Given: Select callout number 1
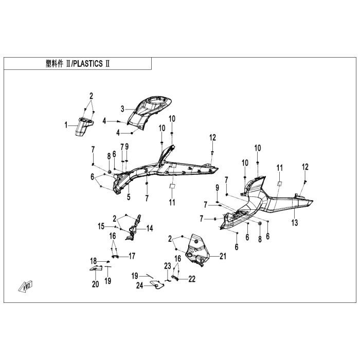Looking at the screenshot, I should click(66, 124).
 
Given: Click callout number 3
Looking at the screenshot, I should click(122, 109).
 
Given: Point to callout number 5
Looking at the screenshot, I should click(129, 196).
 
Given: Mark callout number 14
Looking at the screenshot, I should click(150, 228).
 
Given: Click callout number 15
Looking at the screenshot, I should click(102, 225).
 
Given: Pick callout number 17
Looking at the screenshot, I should click(132, 256).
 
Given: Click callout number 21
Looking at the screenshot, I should click(223, 256).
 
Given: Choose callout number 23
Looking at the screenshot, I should click(167, 266).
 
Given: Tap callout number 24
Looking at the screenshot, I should click(139, 286).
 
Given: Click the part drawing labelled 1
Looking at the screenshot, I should click(82, 127).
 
